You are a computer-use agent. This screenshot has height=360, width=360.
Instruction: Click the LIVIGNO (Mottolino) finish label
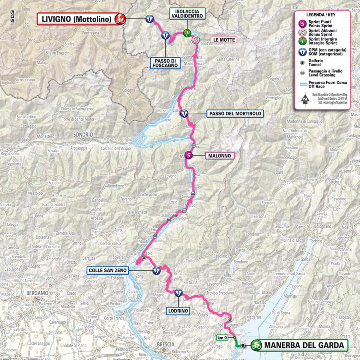click(x=76, y=19)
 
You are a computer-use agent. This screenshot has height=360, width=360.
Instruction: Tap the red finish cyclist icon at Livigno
click(x=121, y=19)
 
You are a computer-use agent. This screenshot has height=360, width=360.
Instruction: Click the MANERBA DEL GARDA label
click(x=304, y=345)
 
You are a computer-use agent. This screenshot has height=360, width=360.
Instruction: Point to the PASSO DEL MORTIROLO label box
click(x=235, y=114)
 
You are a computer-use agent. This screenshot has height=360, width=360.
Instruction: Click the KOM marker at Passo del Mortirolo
click(x=184, y=114)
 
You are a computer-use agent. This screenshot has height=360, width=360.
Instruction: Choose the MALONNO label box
click(x=220, y=156)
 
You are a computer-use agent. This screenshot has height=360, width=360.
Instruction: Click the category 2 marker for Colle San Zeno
click(x=156, y=271)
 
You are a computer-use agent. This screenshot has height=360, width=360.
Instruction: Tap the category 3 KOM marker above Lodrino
click(x=178, y=292)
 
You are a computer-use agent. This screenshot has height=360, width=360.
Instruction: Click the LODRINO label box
click(x=178, y=311)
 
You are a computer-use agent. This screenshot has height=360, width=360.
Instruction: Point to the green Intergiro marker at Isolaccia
click(x=187, y=33)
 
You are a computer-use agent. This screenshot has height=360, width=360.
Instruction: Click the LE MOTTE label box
click(x=224, y=40)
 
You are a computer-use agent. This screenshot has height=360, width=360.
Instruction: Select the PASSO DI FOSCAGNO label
click(x=165, y=63)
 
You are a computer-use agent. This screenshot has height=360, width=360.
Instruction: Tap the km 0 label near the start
click(x=222, y=338)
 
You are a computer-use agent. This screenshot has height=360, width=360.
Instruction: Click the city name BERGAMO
click(x=37, y=293)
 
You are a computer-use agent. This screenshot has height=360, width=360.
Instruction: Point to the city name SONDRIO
click(x=83, y=135)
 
